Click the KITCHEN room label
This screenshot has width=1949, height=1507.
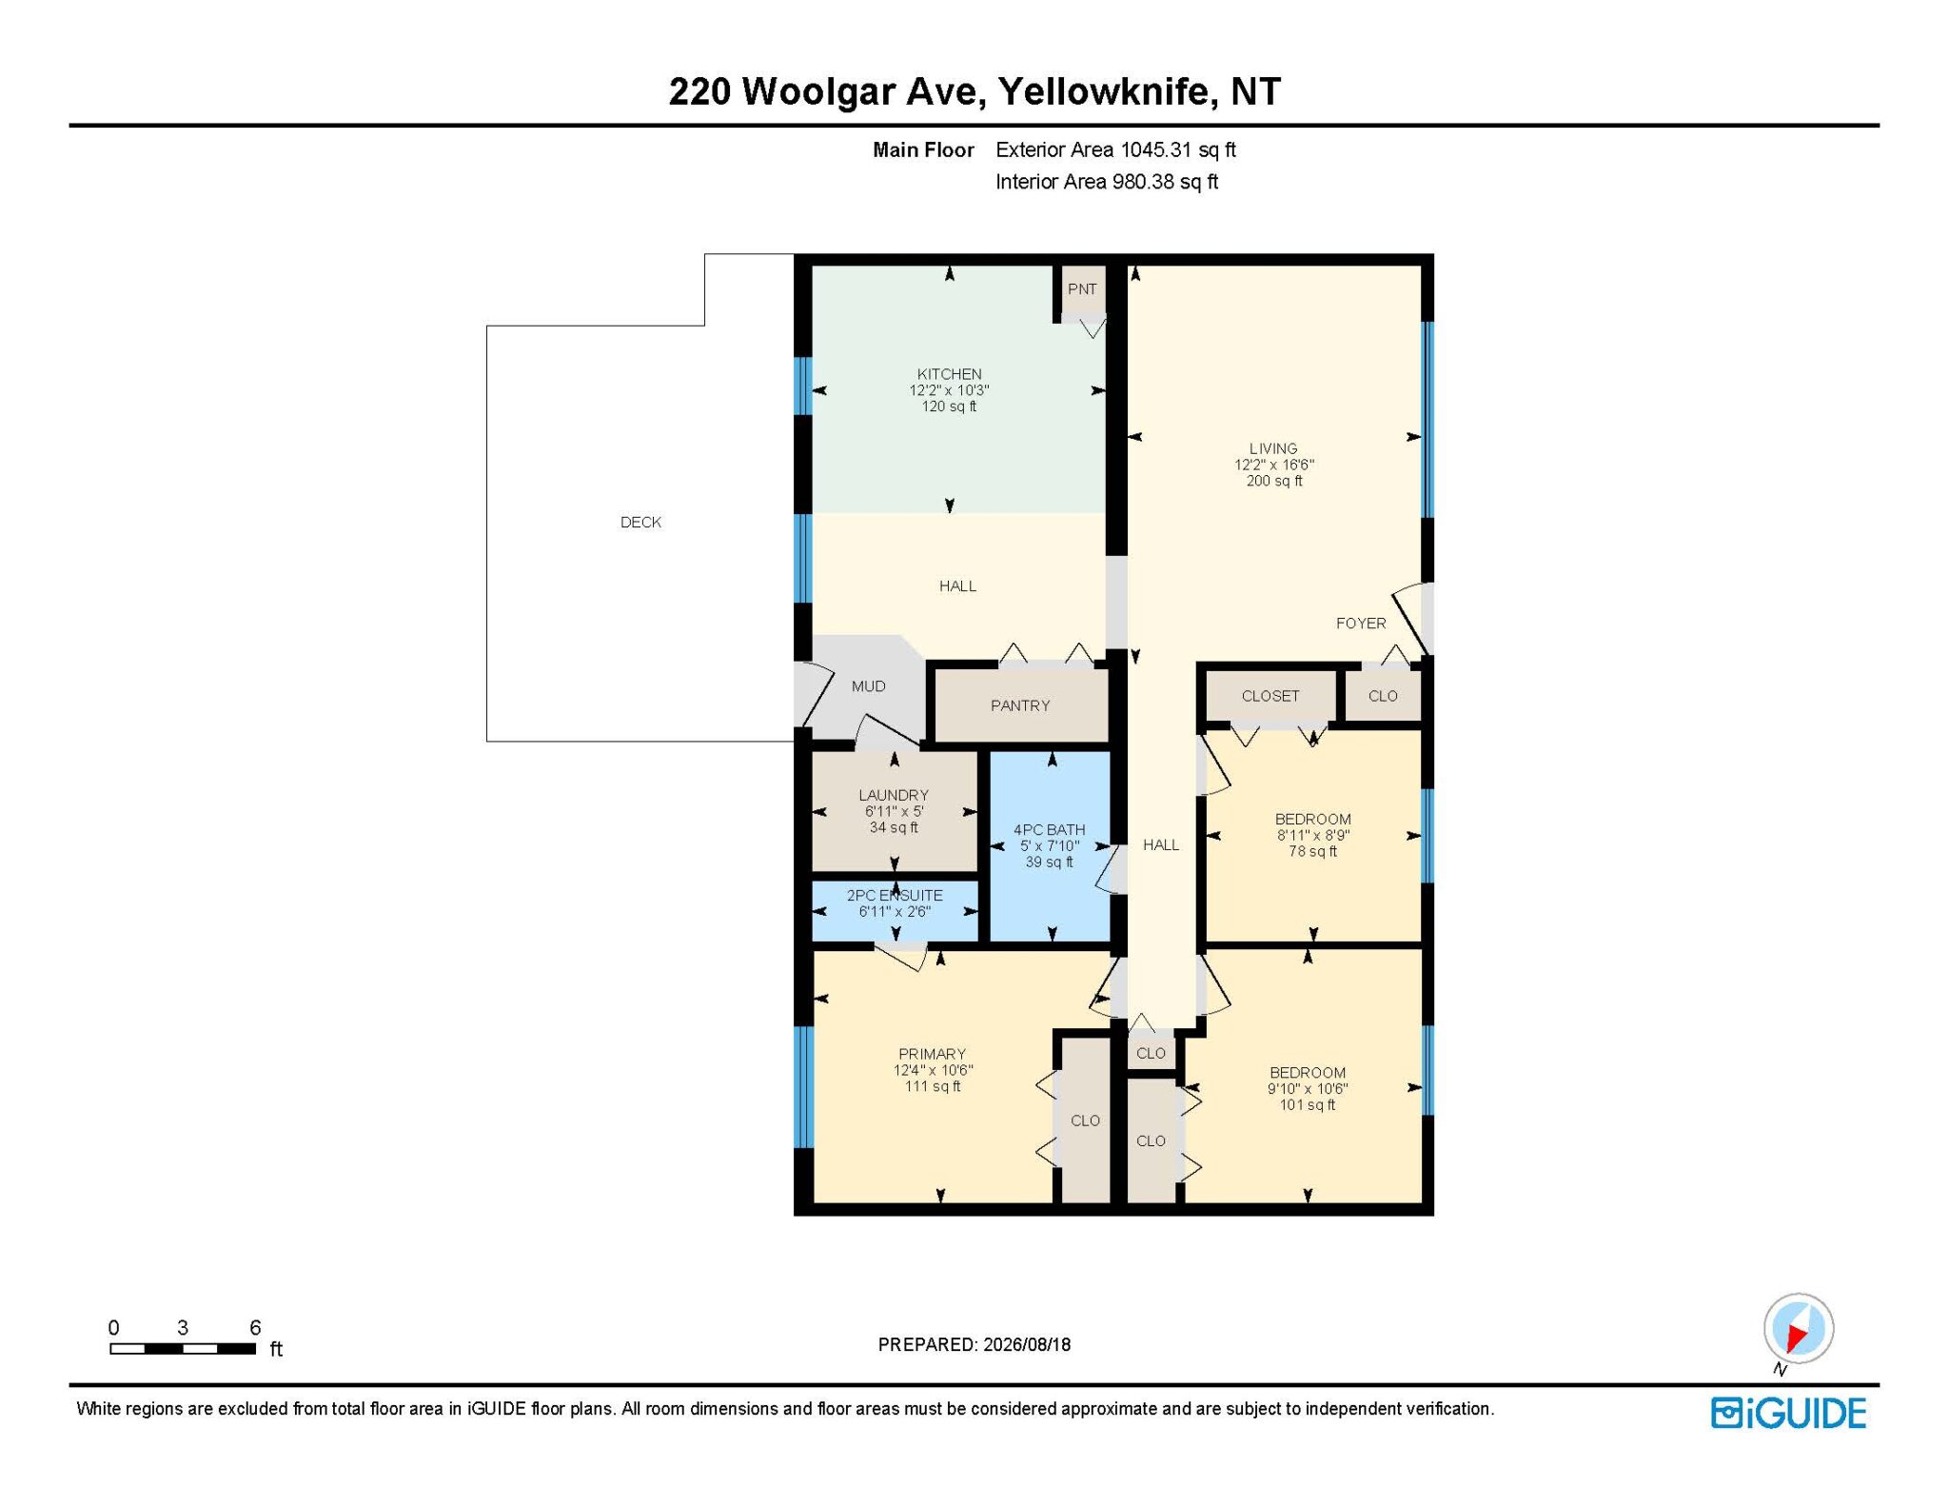tap(949, 374)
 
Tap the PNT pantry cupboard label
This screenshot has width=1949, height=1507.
tap(1082, 289)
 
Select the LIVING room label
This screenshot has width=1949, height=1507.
tap(1273, 448)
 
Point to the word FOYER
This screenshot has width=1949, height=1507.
tap(1361, 623)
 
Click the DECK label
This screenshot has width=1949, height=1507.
tap(640, 522)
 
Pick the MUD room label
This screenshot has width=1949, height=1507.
tap(868, 686)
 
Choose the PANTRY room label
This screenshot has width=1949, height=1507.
tap(1020, 705)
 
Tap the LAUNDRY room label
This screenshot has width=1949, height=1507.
tap(894, 795)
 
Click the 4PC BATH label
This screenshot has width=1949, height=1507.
tap(1049, 829)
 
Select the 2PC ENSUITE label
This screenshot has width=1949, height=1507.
tap(895, 895)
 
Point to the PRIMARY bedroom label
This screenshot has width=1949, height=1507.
tap(932, 1054)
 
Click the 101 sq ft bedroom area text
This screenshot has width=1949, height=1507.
tap(1308, 1105)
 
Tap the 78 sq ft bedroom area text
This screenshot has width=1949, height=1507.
tap(1313, 851)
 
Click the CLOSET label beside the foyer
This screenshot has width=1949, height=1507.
tap(1270, 696)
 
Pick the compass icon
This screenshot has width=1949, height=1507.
tap(1798, 1328)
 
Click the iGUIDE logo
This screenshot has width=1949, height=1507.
tap(1788, 1413)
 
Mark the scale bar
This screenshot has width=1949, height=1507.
tap(183, 1348)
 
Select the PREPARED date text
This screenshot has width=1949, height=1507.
tap(974, 1344)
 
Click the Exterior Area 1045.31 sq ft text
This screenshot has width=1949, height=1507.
tap(1115, 149)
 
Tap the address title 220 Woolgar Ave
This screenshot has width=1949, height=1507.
tap(825, 91)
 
